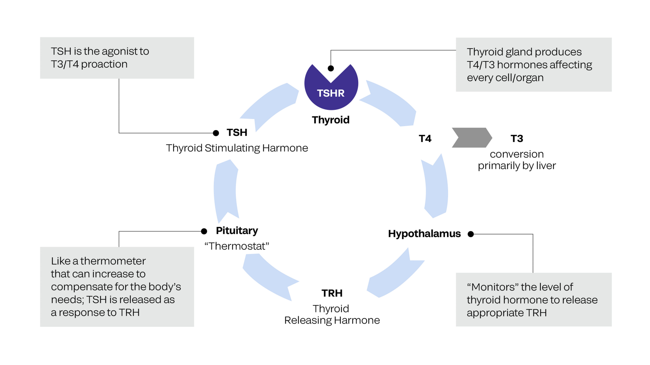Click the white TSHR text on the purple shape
[x=331, y=93]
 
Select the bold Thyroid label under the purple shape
[x=331, y=120]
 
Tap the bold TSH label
[x=237, y=133]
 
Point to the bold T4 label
[x=425, y=138]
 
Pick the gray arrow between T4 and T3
[x=471, y=138]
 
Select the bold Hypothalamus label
[x=424, y=234]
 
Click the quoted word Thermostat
[x=237, y=246]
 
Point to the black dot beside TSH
[x=216, y=133]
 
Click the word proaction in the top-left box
[x=104, y=64]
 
